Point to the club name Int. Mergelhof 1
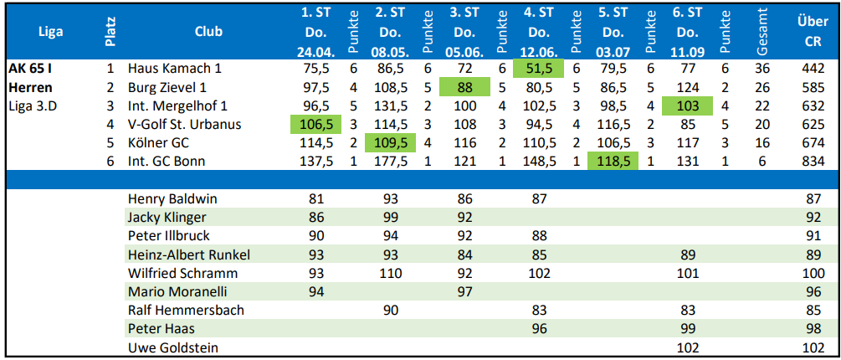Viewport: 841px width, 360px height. pos(177,105)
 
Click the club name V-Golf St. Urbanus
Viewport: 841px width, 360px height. pos(184,124)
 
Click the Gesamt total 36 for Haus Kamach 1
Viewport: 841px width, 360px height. pos(762,69)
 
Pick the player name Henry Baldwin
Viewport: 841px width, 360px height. pos(172,199)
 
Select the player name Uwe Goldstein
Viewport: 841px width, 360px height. pos(172,347)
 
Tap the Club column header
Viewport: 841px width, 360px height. pos(208,32)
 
